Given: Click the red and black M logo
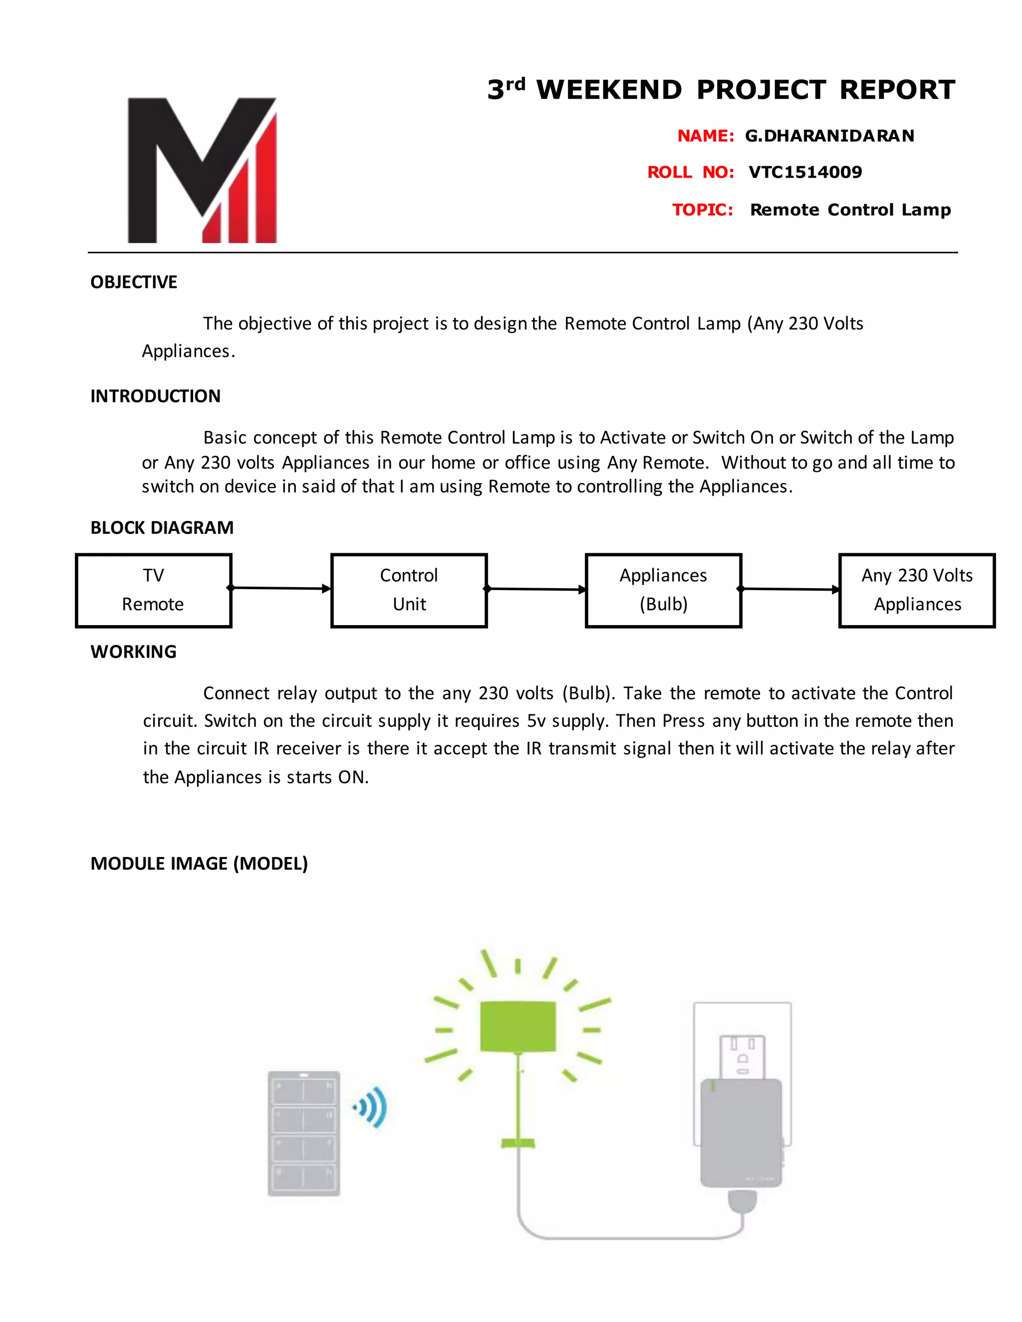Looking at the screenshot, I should pyautogui.click(x=202, y=170).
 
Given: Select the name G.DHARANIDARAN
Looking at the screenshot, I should pyautogui.click(x=829, y=136).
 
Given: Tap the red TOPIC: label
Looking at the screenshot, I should pyautogui.click(x=702, y=210).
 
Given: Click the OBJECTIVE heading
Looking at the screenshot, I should pyautogui.click(x=134, y=282).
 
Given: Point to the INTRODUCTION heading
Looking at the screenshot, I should pyautogui.click(x=156, y=396).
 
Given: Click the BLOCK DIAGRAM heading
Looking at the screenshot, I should pyautogui.click(x=162, y=528).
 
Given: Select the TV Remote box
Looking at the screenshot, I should pyautogui.click(x=154, y=590).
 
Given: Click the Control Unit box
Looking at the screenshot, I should pyautogui.click(x=409, y=590).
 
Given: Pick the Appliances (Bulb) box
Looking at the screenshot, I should pyautogui.click(x=663, y=590).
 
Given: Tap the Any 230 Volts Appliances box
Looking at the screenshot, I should pyautogui.click(x=917, y=590).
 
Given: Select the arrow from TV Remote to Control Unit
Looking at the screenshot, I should pyautogui.click(x=281, y=588).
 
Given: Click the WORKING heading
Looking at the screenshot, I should pyautogui.click(x=133, y=652).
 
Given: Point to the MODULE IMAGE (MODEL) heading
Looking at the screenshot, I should pyautogui.click(x=199, y=863).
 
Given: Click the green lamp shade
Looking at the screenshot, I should pyautogui.click(x=517, y=1027).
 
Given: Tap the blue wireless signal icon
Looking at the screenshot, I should pyautogui.click(x=371, y=1107).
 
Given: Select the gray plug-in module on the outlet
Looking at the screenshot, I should pyautogui.click(x=741, y=1132).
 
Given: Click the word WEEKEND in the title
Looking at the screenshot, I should pyautogui.click(x=609, y=90).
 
